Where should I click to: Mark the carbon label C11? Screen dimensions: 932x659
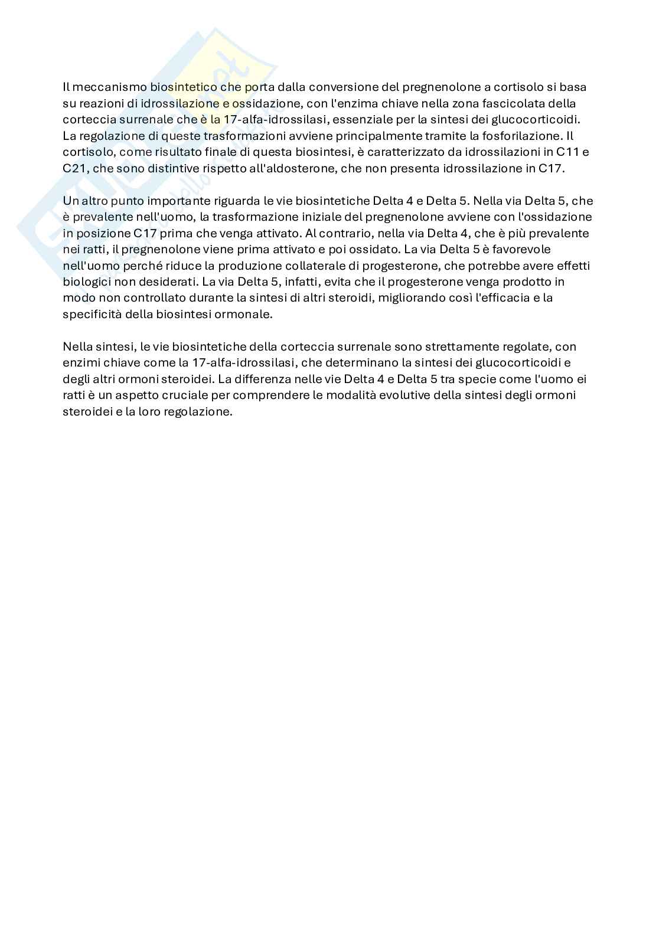[565, 152]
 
